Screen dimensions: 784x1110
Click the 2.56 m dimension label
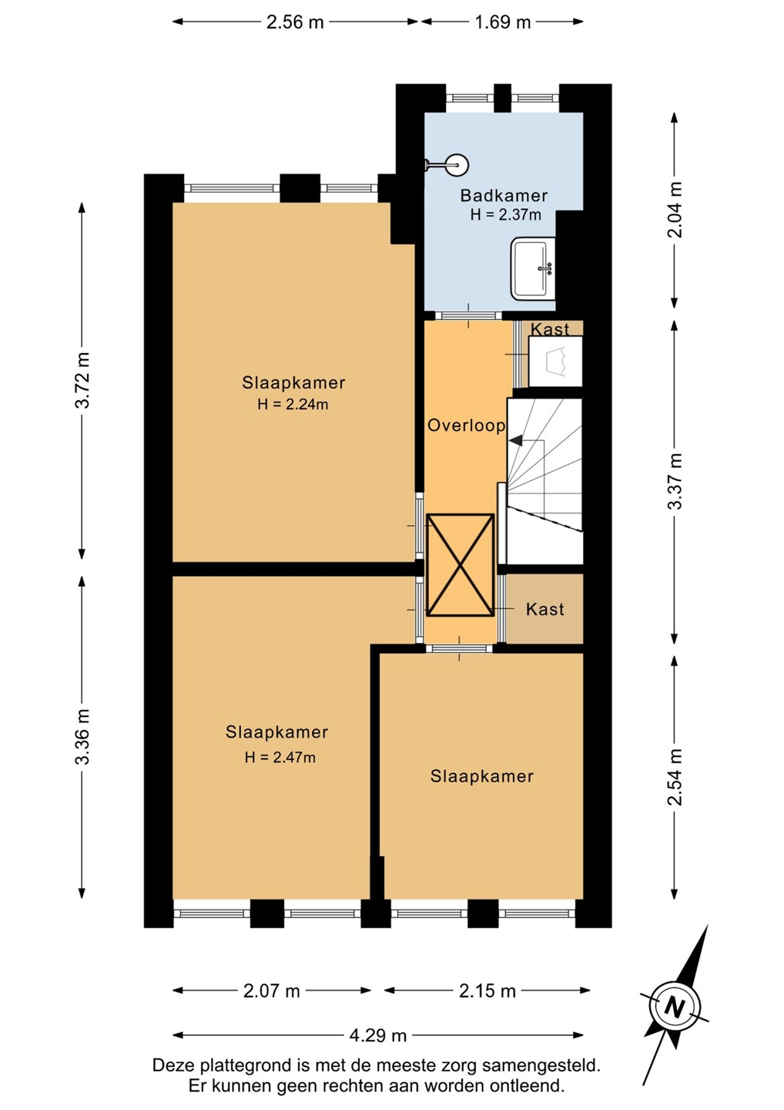coord(295,22)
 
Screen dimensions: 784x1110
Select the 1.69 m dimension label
coord(502,22)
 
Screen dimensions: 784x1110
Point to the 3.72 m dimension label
coord(82,380)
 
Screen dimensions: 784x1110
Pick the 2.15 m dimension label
coord(487,991)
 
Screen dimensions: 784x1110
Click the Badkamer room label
coord(504,196)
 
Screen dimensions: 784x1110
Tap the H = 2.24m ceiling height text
coord(293,405)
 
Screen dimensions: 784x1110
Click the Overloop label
coord(466,425)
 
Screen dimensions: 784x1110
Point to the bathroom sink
coord(533,268)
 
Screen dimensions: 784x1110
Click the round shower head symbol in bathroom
coord(456,165)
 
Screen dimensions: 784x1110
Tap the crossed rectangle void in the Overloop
coord(461,566)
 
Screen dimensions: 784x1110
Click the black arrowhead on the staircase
coord(515,440)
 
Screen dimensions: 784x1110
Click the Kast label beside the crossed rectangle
coord(545,609)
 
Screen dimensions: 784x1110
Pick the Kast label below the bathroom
coord(551,329)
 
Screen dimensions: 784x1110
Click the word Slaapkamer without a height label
coord(481,776)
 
